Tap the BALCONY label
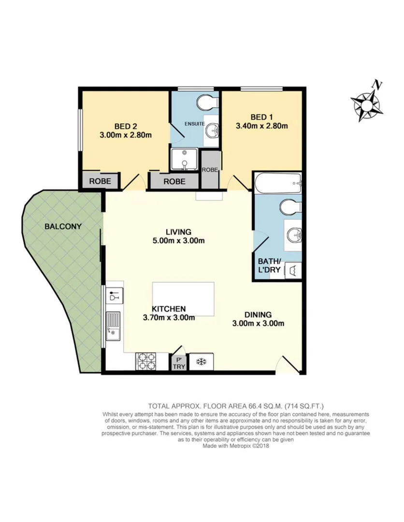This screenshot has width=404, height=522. pos(63,226)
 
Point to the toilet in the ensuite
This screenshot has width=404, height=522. pos(209,103)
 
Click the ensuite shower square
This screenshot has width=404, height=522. pos(185,160)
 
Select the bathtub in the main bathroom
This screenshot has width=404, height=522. pos(278,184)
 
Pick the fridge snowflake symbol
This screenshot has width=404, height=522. pos(199,361)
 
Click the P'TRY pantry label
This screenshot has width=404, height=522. pos(178,363)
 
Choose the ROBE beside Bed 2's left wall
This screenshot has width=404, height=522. pos(100,181)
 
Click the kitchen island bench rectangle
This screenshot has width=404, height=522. pos(184,299)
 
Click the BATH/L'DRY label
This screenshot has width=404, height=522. pos(269,265)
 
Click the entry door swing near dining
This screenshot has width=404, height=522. pos(289,365)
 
